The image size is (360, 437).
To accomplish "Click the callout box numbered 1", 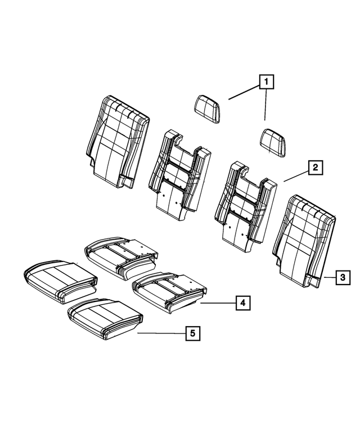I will point(266,83).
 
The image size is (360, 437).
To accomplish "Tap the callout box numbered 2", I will point(315,167).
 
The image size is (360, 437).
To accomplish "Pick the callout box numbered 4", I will point(242,303).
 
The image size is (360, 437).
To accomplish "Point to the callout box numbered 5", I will point(192,334).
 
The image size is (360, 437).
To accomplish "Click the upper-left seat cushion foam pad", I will point(121,255).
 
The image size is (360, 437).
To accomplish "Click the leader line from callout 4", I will point(216,303).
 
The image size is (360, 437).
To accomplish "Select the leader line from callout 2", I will point(295,174).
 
